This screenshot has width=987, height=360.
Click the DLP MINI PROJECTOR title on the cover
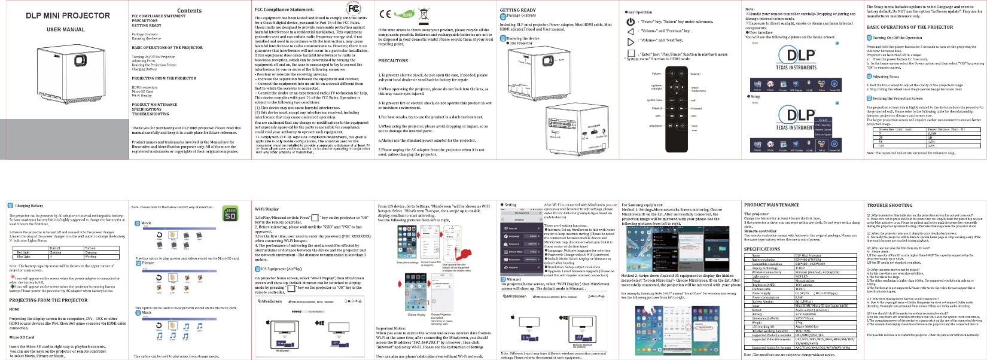coord(68,16)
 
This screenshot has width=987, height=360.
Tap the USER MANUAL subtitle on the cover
coord(66,29)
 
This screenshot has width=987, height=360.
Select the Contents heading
coord(189,11)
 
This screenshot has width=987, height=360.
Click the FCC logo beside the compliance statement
coord(354,8)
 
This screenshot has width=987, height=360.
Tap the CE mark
coord(385,14)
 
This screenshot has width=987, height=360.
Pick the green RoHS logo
coord(407,14)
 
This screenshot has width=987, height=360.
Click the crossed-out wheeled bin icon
coord(424,14)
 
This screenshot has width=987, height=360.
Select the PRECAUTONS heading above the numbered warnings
coord(393,60)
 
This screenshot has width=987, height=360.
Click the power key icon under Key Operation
coord(630,22)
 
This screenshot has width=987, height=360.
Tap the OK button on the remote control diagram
coord(677,87)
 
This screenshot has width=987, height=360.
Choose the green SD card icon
coord(230,214)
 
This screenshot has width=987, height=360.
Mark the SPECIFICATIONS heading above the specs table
coord(762,249)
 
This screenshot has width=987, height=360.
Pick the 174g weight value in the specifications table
coord(799,323)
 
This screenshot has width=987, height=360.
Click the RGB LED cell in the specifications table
coord(802,277)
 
